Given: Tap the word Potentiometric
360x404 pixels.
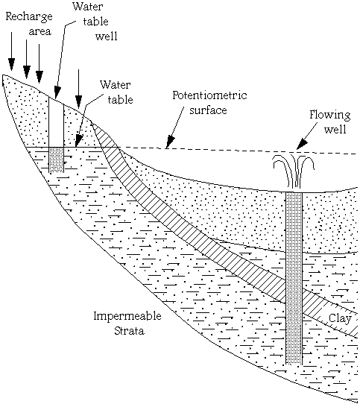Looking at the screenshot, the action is [x=209, y=95].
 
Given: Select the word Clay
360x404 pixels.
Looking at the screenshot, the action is [x=340, y=318].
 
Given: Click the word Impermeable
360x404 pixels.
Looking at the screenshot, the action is [x=127, y=316].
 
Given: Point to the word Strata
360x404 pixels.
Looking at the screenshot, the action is [x=129, y=330].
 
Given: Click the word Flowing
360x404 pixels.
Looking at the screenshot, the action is [x=330, y=115].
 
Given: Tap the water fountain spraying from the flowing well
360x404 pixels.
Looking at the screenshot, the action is [x=294, y=171].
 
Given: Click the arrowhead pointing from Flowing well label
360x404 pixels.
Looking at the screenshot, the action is [x=302, y=145].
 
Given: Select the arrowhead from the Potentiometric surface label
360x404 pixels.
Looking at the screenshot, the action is [x=170, y=142].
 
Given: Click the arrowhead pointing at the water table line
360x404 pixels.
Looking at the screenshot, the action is [x=78, y=141].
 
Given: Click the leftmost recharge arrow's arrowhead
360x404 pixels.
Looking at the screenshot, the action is [x=11, y=64].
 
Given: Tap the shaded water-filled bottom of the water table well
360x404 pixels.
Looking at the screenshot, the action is [x=56, y=160].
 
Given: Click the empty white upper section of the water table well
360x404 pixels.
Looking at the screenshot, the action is [x=56, y=123].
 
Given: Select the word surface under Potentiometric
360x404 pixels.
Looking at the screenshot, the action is [x=208, y=110].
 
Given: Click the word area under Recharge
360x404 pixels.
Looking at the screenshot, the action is [x=40, y=32].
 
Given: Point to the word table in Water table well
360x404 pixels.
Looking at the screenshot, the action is [x=95, y=22].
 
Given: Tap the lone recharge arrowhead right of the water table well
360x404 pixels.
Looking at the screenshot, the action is [x=78, y=101].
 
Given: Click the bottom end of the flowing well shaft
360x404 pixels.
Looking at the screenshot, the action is [x=294, y=364].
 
